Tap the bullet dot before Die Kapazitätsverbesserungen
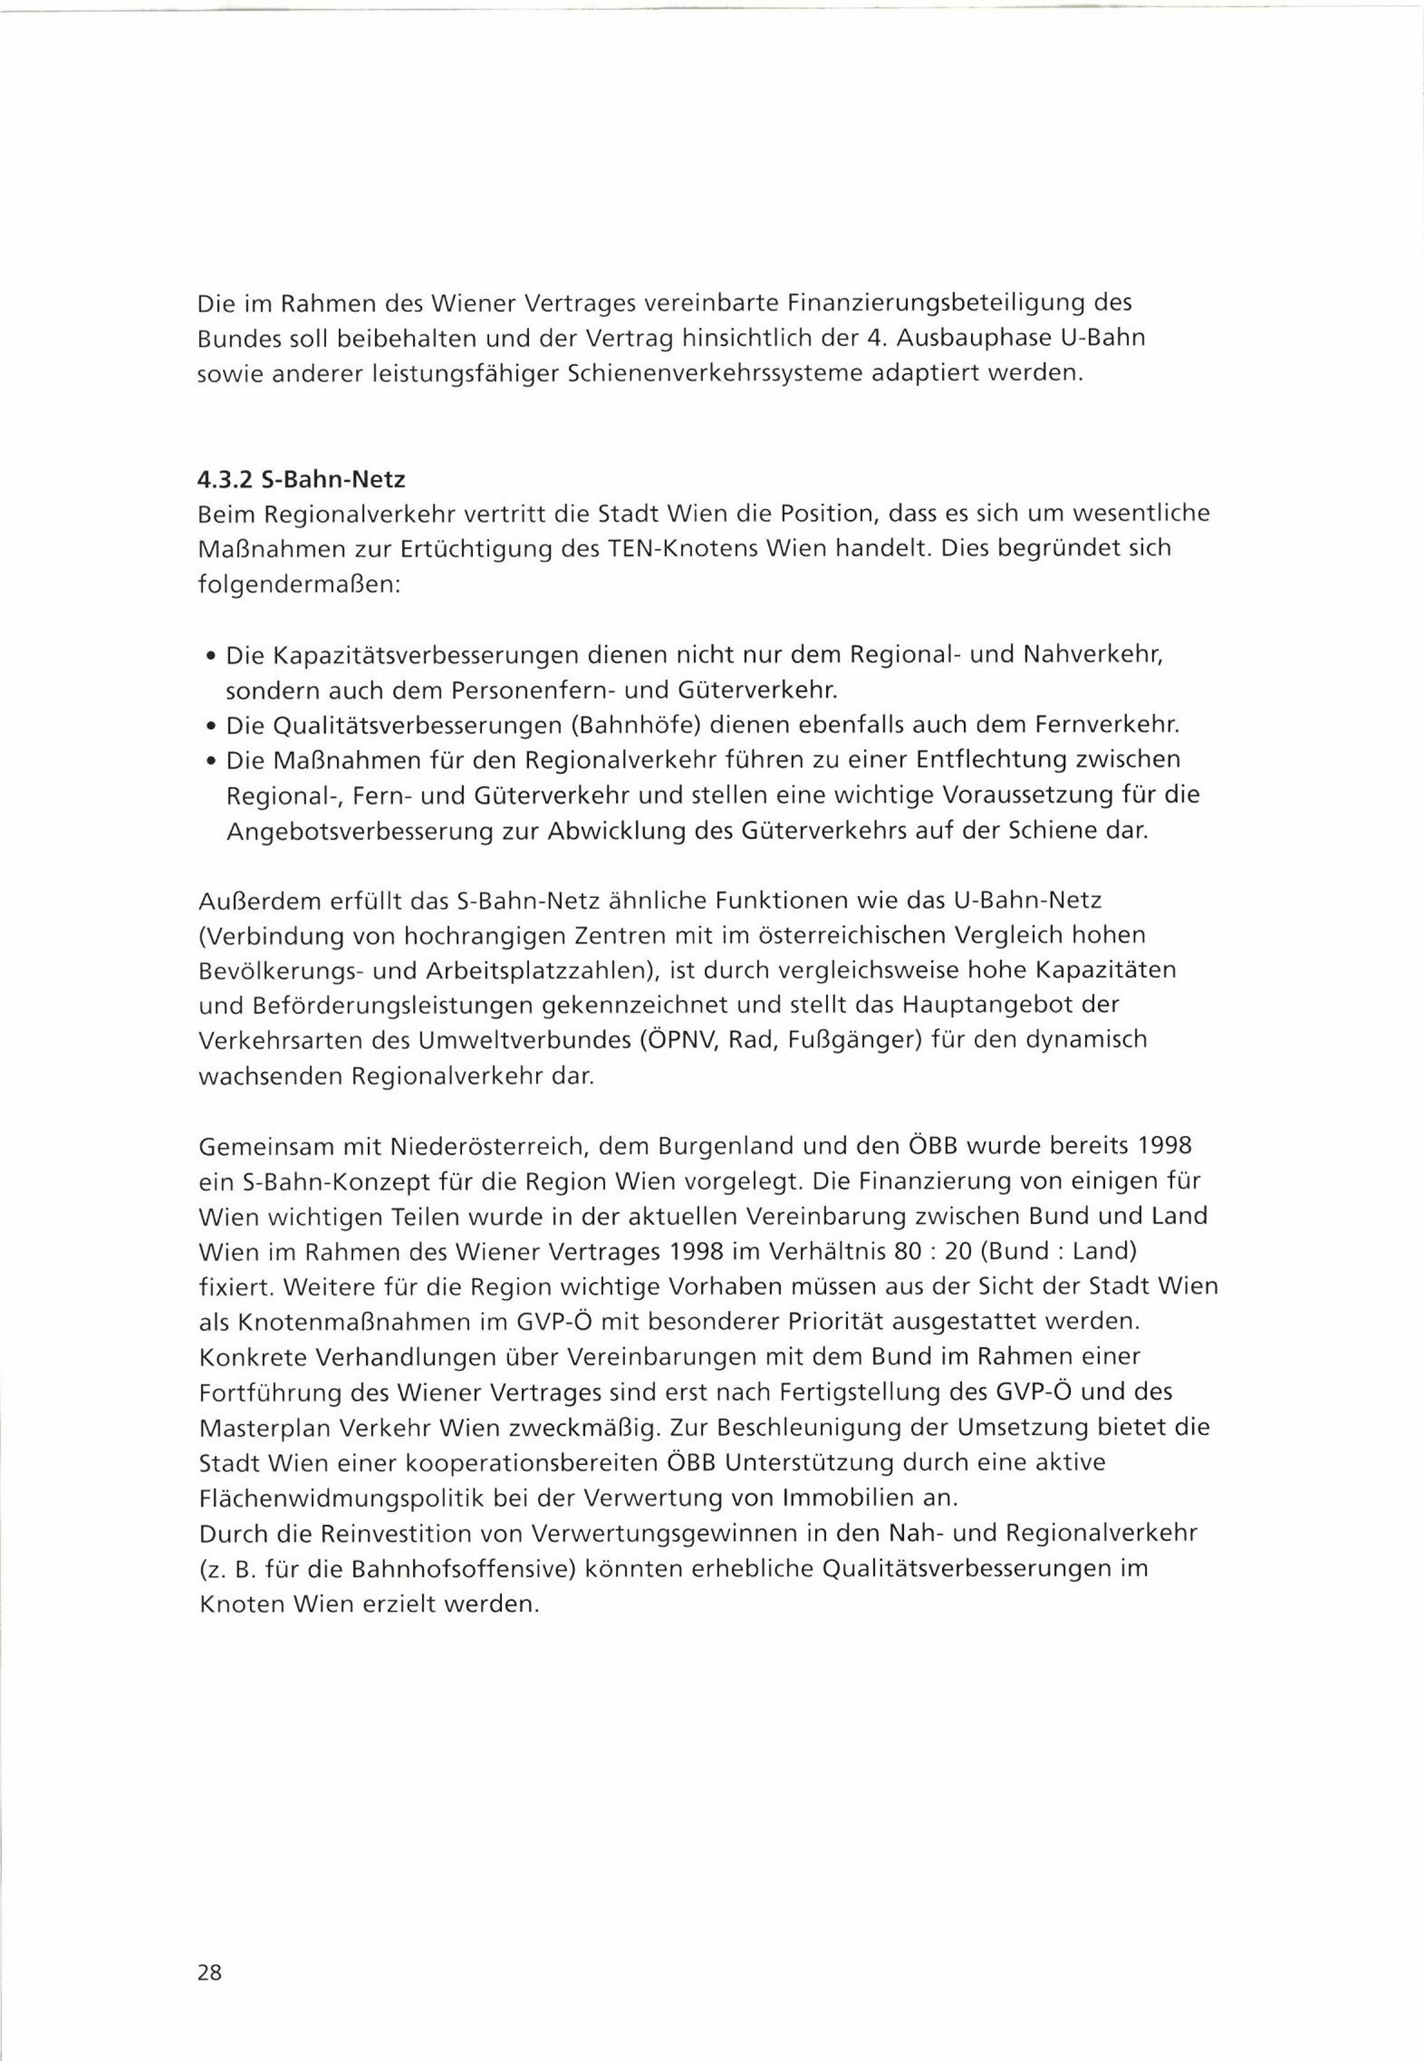tap(209, 657)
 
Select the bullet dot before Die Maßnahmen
tap(209, 762)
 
